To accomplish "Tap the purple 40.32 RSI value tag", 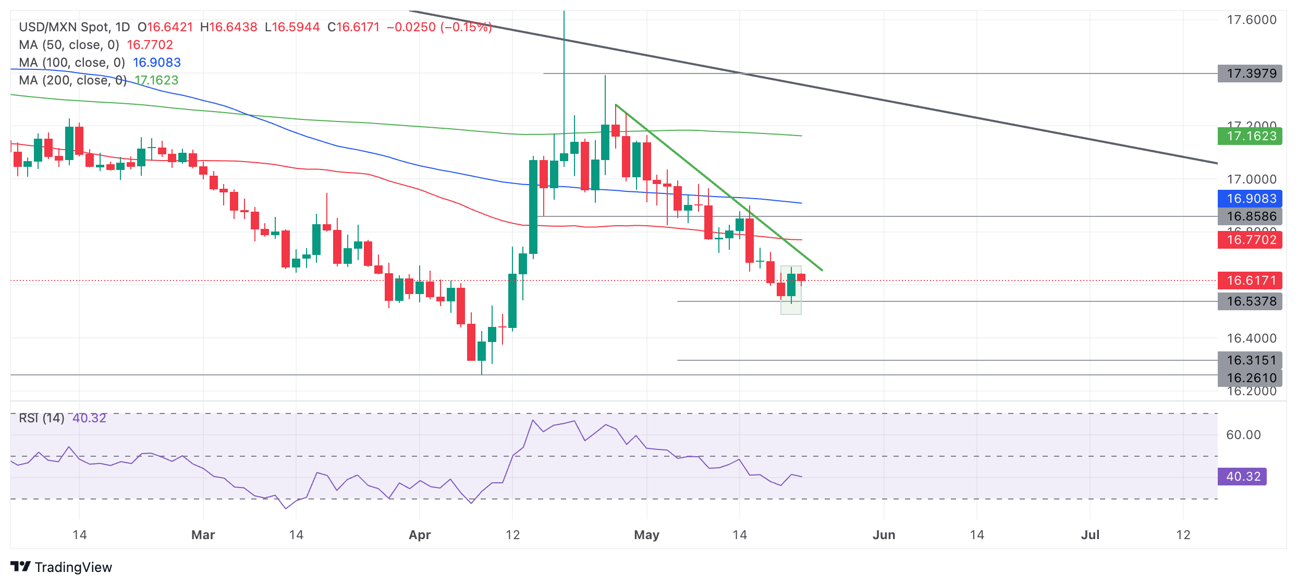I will pyautogui.click(x=1242, y=477).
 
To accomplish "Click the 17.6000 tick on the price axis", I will pyautogui.click(x=1251, y=20).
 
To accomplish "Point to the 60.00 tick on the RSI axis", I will pyautogui.click(x=1243, y=435).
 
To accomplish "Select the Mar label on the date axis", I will pyautogui.click(x=203, y=535).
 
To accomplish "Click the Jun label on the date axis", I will pyautogui.click(x=884, y=535).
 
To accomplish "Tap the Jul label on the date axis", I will pyautogui.click(x=1090, y=535).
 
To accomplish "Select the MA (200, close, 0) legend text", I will pyautogui.click(x=72, y=80).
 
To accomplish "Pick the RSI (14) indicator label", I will pyautogui.click(x=41, y=418).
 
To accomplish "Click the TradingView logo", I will pyautogui.click(x=61, y=567).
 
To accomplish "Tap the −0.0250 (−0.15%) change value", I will pyautogui.click(x=439, y=27).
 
